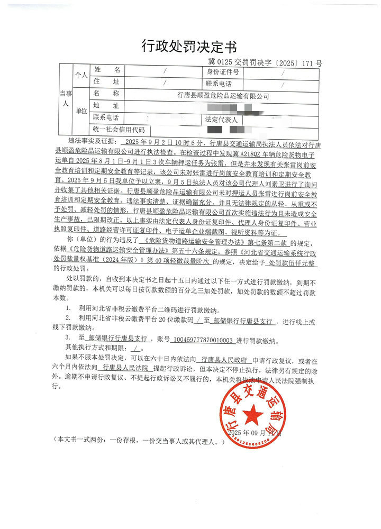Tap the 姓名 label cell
[107, 70]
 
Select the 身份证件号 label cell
[222, 71]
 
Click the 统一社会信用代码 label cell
[119, 130]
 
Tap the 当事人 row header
[64, 98]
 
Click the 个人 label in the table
[80, 75]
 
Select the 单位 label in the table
[80, 111]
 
